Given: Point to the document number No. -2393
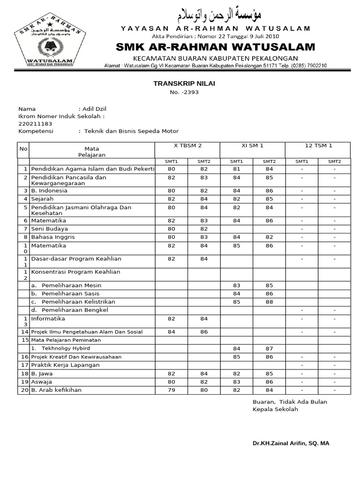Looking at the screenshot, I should tap(184, 92).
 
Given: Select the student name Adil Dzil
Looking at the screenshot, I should tap(95, 109).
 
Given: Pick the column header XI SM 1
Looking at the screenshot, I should tap(252, 146).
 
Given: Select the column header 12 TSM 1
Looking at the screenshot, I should tap(318, 146).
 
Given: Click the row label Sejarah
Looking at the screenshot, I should tap(42, 199).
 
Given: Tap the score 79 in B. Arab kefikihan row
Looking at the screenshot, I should tap(171, 390).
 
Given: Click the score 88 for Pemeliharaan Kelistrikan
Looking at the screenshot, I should tap(269, 302).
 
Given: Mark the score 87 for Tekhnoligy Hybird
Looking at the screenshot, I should tap(269, 348).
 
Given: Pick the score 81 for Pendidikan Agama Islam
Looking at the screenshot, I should tap(236, 169).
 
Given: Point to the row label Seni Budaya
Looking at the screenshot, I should tap(49, 229).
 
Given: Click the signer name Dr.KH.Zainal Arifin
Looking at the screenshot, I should tap(291, 443).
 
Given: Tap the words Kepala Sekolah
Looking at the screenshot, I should tap(275, 409).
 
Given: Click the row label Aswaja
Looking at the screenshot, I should tap(42, 382).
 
